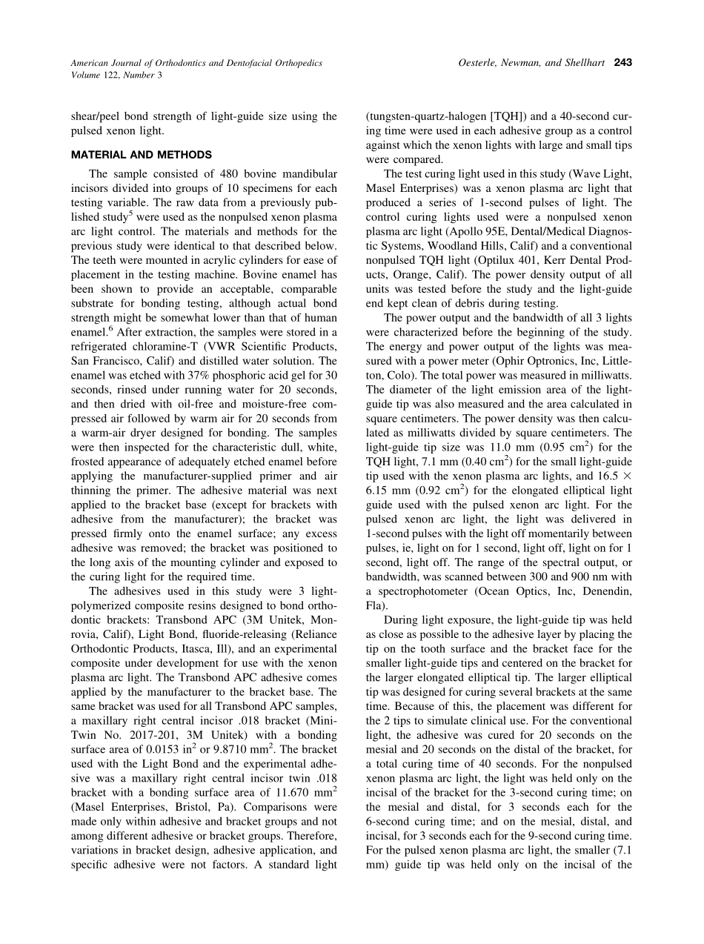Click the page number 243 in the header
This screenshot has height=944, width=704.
(622, 63)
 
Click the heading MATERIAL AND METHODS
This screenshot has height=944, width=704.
(142, 155)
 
